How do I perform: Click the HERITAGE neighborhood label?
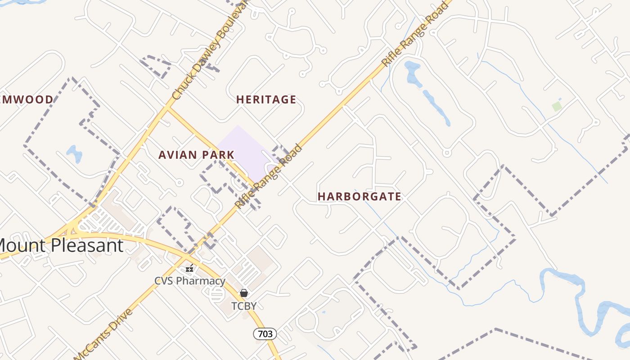266,99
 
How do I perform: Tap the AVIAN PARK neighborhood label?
196,155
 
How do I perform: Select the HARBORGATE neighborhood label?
359,197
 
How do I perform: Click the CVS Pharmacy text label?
189,281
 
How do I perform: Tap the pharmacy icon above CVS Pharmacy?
190,268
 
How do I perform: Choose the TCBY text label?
244,306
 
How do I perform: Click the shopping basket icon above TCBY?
244,293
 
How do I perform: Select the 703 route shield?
265,334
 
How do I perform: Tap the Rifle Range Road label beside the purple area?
269,176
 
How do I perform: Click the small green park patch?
557,107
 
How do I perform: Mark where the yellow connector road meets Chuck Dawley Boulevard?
167,108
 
